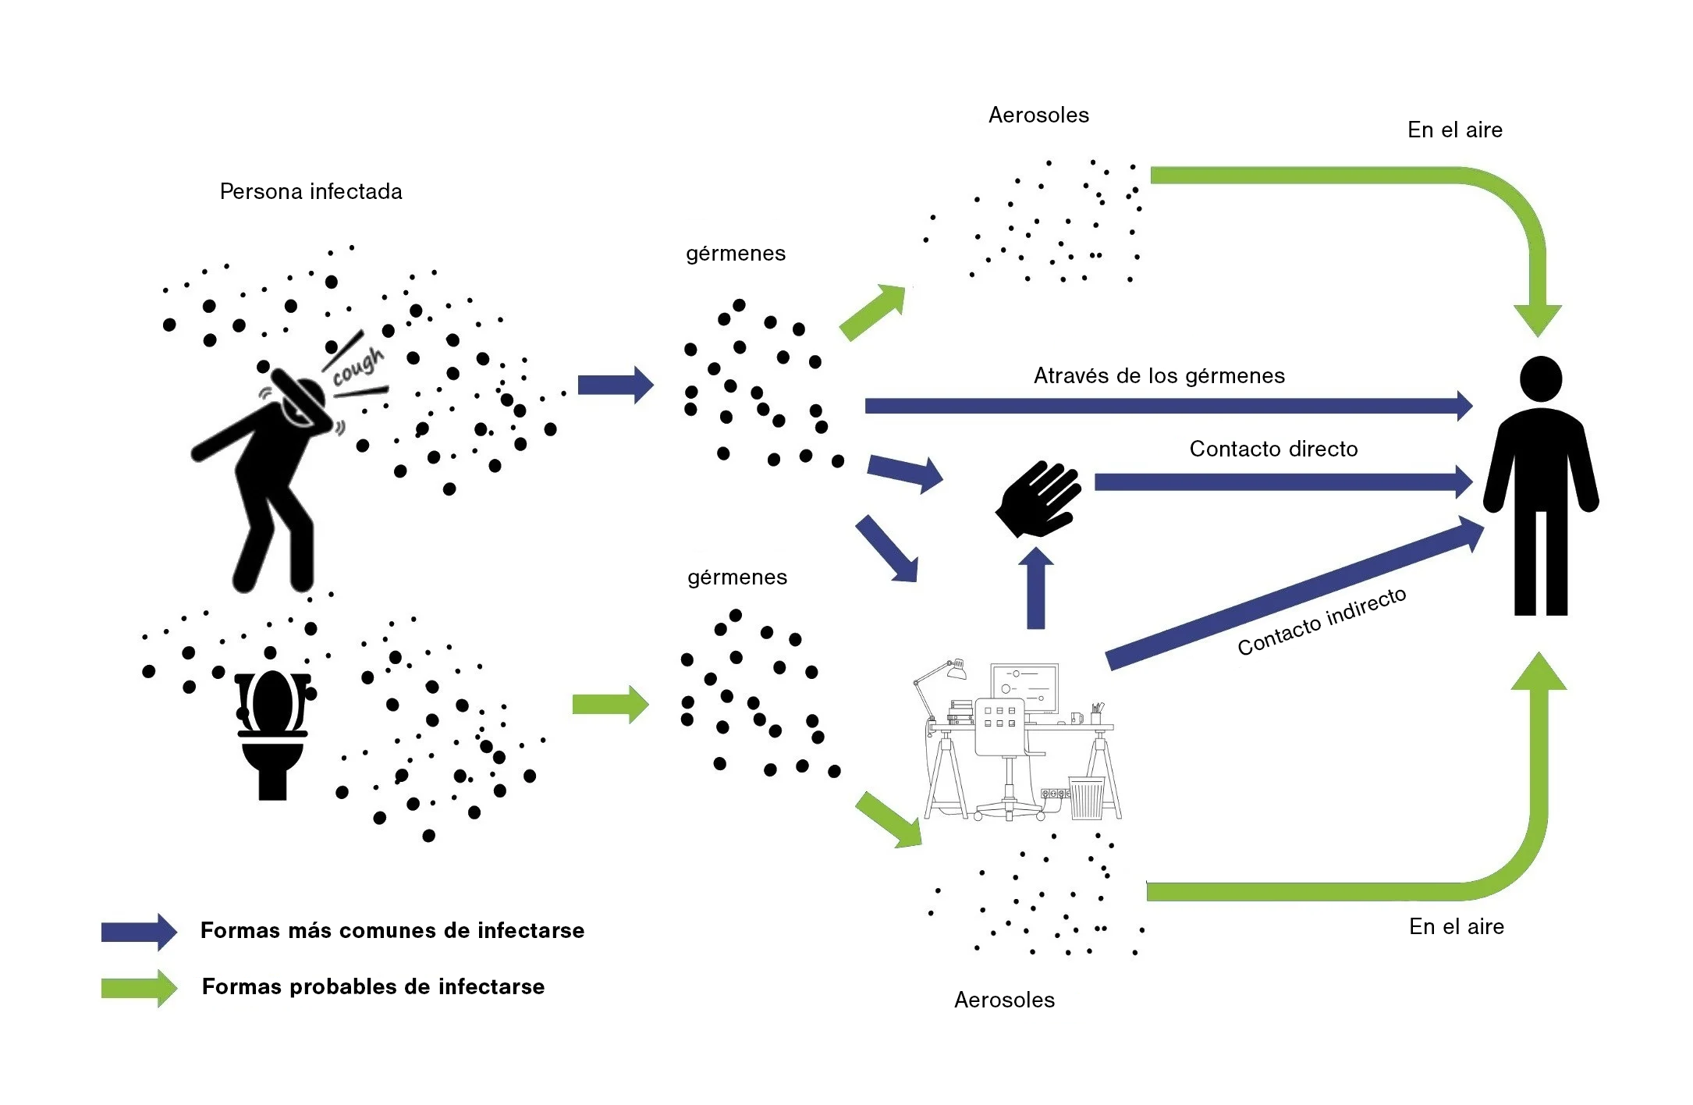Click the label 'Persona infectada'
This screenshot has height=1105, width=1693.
click(311, 191)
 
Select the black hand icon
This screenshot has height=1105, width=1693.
click(1038, 499)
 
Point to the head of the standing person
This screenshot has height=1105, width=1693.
click(1541, 380)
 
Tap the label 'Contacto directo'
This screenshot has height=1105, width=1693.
click(1273, 449)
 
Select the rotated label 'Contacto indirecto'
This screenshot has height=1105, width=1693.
click(1322, 622)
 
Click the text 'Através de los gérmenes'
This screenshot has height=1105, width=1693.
click(1159, 376)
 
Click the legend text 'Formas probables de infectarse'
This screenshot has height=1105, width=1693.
click(373, 986)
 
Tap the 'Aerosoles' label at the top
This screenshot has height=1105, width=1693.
click(1038, 115)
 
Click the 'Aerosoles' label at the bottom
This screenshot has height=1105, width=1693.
click(1004, 1000)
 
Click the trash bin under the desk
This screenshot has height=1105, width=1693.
click(1086, 798)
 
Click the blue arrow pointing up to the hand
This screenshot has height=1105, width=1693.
click(1035, 589)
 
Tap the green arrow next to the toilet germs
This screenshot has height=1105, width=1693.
click(610, 705)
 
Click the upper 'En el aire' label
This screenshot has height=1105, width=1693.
click(1454, 130)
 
